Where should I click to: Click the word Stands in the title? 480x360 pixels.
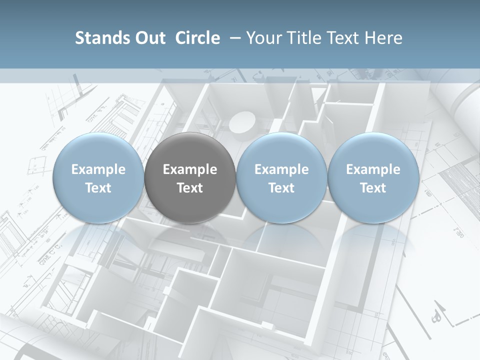(102, 38)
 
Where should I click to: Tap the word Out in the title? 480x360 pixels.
(149, 38)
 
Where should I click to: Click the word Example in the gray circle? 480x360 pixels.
(190, 169)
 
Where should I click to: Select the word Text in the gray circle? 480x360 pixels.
(190, 188)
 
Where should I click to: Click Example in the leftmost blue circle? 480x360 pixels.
(98, 169)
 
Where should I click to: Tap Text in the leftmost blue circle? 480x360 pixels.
(98, 188)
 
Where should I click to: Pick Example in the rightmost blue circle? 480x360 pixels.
(373, 169)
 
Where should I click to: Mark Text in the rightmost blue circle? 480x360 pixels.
(373, 188)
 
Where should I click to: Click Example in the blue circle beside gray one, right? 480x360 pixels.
(281, 169)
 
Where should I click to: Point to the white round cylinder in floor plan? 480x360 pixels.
(243, 122)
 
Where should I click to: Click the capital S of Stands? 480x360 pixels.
(79, 38)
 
